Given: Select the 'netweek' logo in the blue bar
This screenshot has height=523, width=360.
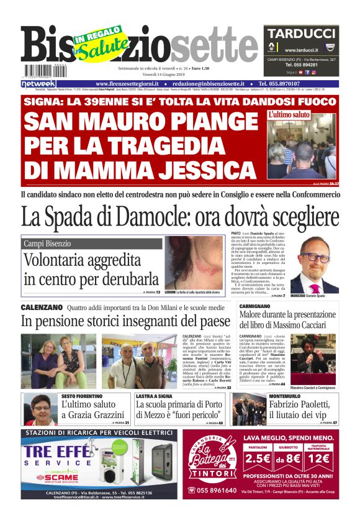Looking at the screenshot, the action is coord(38,83).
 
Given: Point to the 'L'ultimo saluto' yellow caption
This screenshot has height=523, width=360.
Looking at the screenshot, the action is coord(289,115).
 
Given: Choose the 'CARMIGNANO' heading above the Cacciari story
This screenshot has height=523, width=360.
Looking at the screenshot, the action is coord(254,307).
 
